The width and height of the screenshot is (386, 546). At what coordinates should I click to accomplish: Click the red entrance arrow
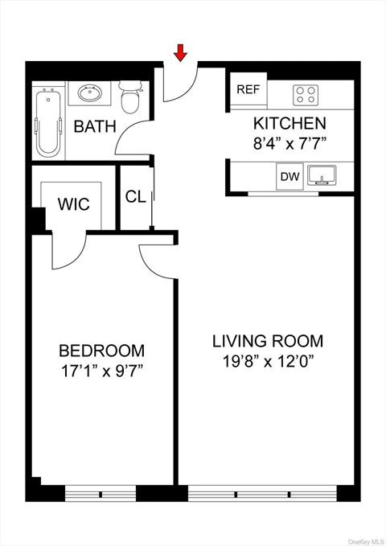click(181, 53)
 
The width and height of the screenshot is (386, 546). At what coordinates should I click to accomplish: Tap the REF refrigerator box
click(248, 89)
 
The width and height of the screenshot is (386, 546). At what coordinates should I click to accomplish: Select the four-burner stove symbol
click(305, 95)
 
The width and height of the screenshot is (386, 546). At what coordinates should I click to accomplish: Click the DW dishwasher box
click(288, 177)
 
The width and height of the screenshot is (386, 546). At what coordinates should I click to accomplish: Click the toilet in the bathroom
click(130, 99)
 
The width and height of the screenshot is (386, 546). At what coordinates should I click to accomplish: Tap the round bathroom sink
click(90, 95)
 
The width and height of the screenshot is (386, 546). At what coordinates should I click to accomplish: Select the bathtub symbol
click(48, 124)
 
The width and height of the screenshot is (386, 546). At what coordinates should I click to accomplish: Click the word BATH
click(95, 127)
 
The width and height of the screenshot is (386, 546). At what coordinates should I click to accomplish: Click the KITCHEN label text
click(289, 123)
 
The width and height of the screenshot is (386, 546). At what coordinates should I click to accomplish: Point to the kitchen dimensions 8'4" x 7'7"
click(289, 146)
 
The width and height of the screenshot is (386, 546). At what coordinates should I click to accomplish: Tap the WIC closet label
click(73, 203)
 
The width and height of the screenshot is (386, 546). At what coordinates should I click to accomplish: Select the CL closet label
click(135, 197)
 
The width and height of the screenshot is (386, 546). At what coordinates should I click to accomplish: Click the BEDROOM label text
click(101, 351)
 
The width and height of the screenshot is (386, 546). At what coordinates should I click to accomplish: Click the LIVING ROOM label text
click(268, 340)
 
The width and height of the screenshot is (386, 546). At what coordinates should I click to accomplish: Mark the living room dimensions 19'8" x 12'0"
click(268, 361)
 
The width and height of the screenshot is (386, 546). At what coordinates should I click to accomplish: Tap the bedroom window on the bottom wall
click(101, 492)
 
